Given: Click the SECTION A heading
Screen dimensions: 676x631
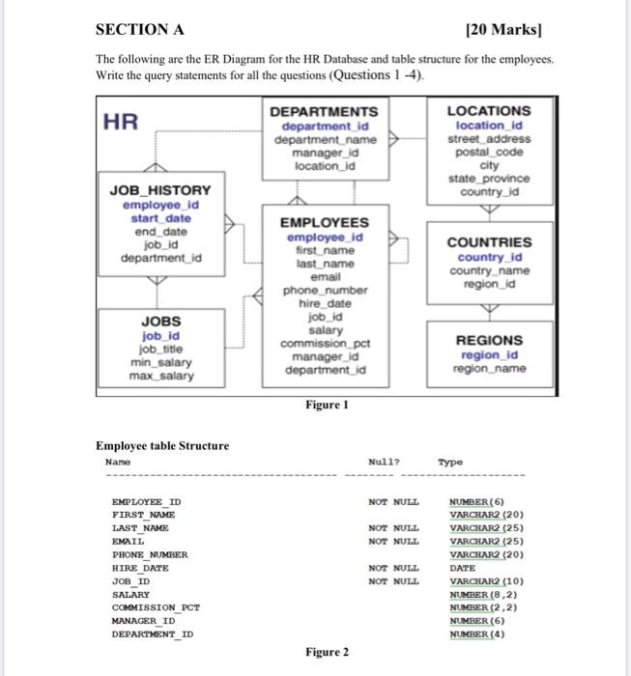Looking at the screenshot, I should pyautogui.click(x=142, y=30).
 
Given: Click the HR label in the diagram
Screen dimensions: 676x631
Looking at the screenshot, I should pyautogui.click(x=123, y=122).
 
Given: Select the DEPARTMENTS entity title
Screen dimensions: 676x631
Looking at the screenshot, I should pyautogui.click(x=324, y=112).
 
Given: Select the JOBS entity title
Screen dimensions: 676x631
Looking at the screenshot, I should pyautogui.click(x=161, y=321).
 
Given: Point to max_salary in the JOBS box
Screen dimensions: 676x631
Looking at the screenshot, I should pyautogui.click(x=161, y=375).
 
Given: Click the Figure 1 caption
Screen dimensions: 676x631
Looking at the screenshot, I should pyautogui.click(x=327, y=406).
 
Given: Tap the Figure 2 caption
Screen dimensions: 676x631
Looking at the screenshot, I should pyautogui.click(x=327, y=652).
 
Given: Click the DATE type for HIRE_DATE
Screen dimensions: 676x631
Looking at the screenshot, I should pyautogui.click(x=463, y=568).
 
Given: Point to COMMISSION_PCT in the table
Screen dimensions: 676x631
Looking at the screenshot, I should pyautogui.click(x=156, y=607).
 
